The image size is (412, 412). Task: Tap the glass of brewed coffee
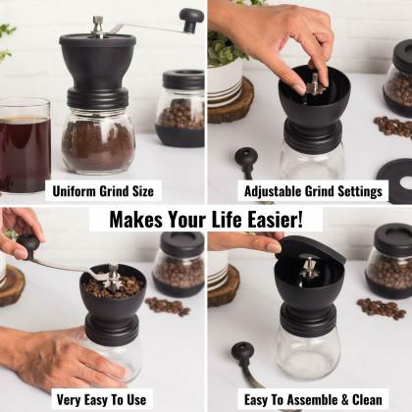coord(25,146)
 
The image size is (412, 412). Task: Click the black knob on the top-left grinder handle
coord(191,20)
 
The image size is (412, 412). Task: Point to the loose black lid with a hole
coord(396,180)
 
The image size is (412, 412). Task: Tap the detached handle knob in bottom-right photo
coord(242,351)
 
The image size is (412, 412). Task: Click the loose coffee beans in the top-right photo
coord(392,127)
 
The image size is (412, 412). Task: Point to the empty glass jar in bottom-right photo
coord(307,354)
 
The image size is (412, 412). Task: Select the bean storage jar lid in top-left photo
coord(183,80)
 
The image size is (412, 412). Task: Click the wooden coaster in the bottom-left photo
coord(12,285)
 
